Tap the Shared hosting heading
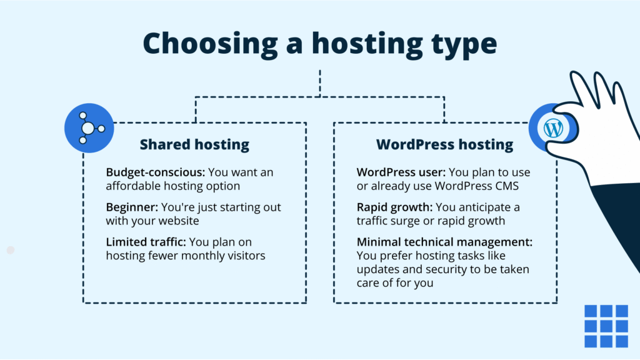point(194,144)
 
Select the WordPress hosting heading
point(444,144)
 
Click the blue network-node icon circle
point(89,128)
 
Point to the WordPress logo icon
point(553,129)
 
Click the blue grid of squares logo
point(606,326)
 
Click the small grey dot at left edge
point(10,250)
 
